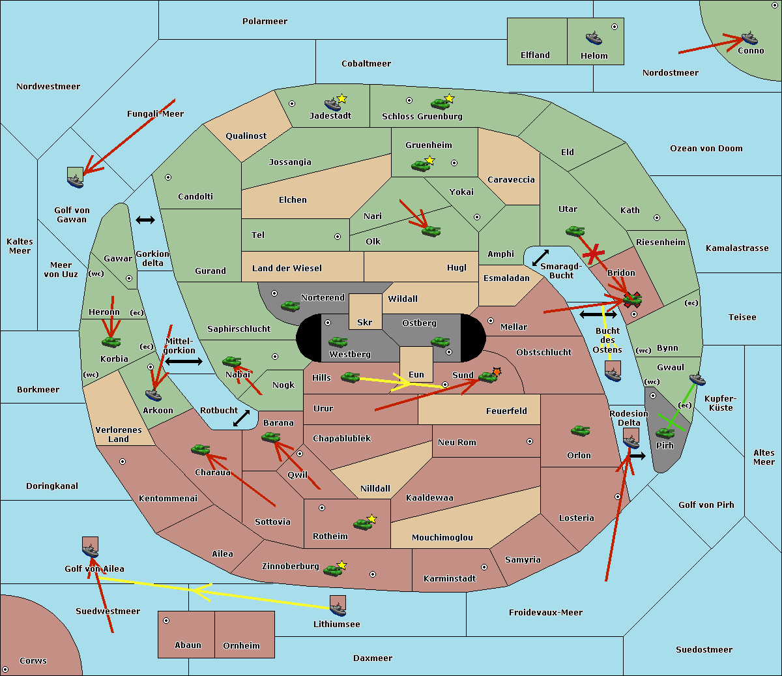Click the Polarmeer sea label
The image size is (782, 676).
[265, 22]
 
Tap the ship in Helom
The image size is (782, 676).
[594, 38]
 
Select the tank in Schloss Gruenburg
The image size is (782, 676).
[440, 103]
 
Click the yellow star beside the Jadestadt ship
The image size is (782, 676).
[341, 98]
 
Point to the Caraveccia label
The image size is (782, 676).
[511, 179]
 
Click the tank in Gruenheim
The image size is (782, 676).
[420, 166]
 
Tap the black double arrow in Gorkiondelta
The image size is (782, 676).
[145, 220]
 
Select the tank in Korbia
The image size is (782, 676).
[111, 342]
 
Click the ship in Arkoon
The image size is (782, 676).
[154, 395]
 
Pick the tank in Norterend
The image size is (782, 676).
[290, 306]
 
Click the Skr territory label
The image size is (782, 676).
[364, 322]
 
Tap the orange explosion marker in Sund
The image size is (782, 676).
[497, 372]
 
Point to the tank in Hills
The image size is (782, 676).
[350, 377]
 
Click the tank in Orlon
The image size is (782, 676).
[580, 431]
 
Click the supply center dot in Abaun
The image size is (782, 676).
[166, 621]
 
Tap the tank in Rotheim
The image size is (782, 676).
[362, 524]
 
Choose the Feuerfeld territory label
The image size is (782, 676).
[506, 411]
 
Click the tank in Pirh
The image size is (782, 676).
[665, 433]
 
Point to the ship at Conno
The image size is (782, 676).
[749, 38]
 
